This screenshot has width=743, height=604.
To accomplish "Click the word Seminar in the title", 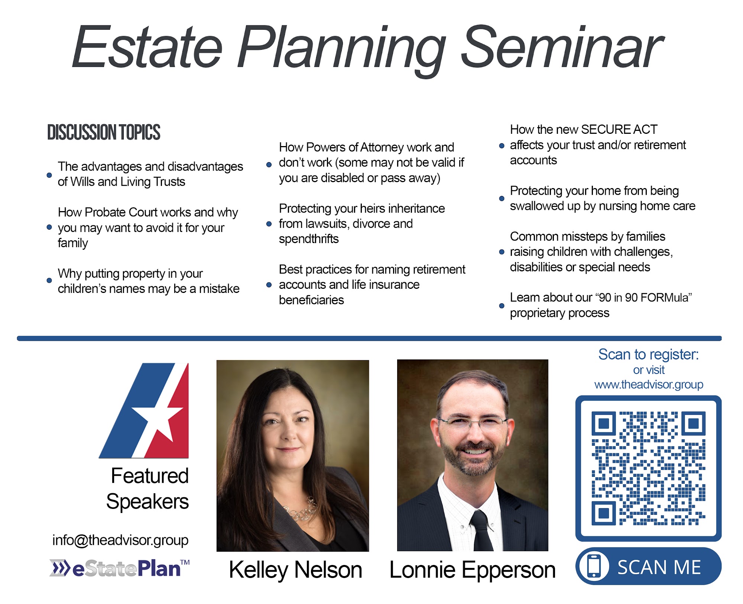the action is coord(562,47).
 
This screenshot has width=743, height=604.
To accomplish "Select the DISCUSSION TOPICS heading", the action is coord(104,132).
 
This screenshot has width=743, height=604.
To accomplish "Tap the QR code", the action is coord(648,468).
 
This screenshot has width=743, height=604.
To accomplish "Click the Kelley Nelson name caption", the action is coord(295,570).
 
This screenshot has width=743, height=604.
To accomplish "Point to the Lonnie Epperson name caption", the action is coord(472,570).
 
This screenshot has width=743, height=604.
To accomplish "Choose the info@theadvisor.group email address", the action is coord(120,540).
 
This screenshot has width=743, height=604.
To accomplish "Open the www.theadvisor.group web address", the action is coord(649,384).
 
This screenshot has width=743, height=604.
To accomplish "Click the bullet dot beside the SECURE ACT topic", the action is coord(502,146).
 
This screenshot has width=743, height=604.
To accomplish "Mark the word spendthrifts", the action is coord(309,239).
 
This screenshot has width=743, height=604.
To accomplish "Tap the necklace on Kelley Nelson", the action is coord(299,509).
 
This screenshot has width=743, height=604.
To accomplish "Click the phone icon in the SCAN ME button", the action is coord(594,566).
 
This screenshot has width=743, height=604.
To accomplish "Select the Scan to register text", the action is coord(648,355).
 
